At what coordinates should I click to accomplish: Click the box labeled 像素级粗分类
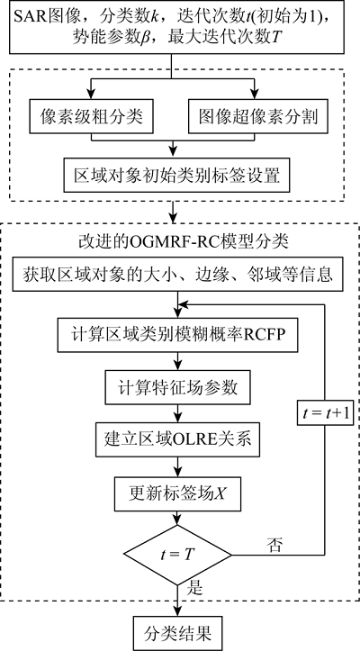pyautogui.click(x=91, y=116)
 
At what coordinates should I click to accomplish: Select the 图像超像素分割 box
pyautogui.click(x=258, y=116)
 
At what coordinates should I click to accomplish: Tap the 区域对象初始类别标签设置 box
pyautogui.click(x=177, y=174)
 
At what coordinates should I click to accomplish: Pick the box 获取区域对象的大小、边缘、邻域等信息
pyautogui.click(x=177, y=275)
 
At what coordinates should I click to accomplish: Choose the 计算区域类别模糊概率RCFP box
pyautogui.click(x=177, y=334)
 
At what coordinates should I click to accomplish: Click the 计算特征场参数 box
pyautogui.click(x=177, y=388)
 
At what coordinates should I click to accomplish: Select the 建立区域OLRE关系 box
pyautogui.click(x=177, y=439)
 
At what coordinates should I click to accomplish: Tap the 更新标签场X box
pyautogui.click(x=177, y=493)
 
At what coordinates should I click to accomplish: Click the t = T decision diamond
pyautogui.click(x=177, y=555)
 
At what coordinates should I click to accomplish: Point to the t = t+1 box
pyautogui.click(x=325, y=413)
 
